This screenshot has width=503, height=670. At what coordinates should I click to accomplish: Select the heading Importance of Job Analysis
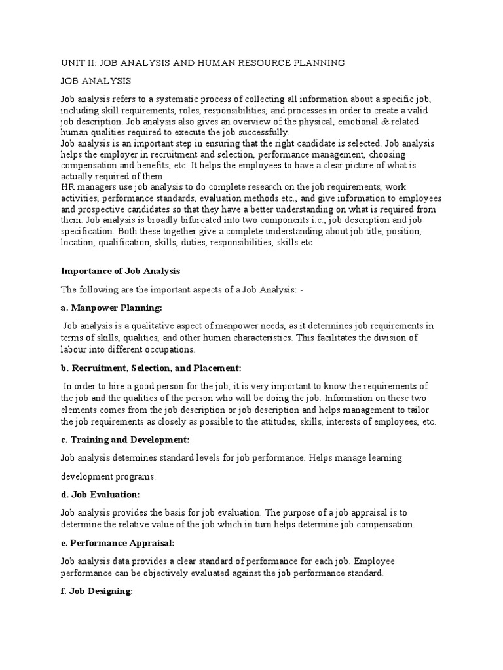click(120, 270)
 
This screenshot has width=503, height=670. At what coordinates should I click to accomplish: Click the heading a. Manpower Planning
click(111, 307)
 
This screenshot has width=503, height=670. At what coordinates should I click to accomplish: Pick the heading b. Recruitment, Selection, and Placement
click(151, 368)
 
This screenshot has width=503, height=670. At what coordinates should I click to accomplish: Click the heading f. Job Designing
click(97, 591)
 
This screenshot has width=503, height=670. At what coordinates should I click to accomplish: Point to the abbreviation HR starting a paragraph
click(67, 187)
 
